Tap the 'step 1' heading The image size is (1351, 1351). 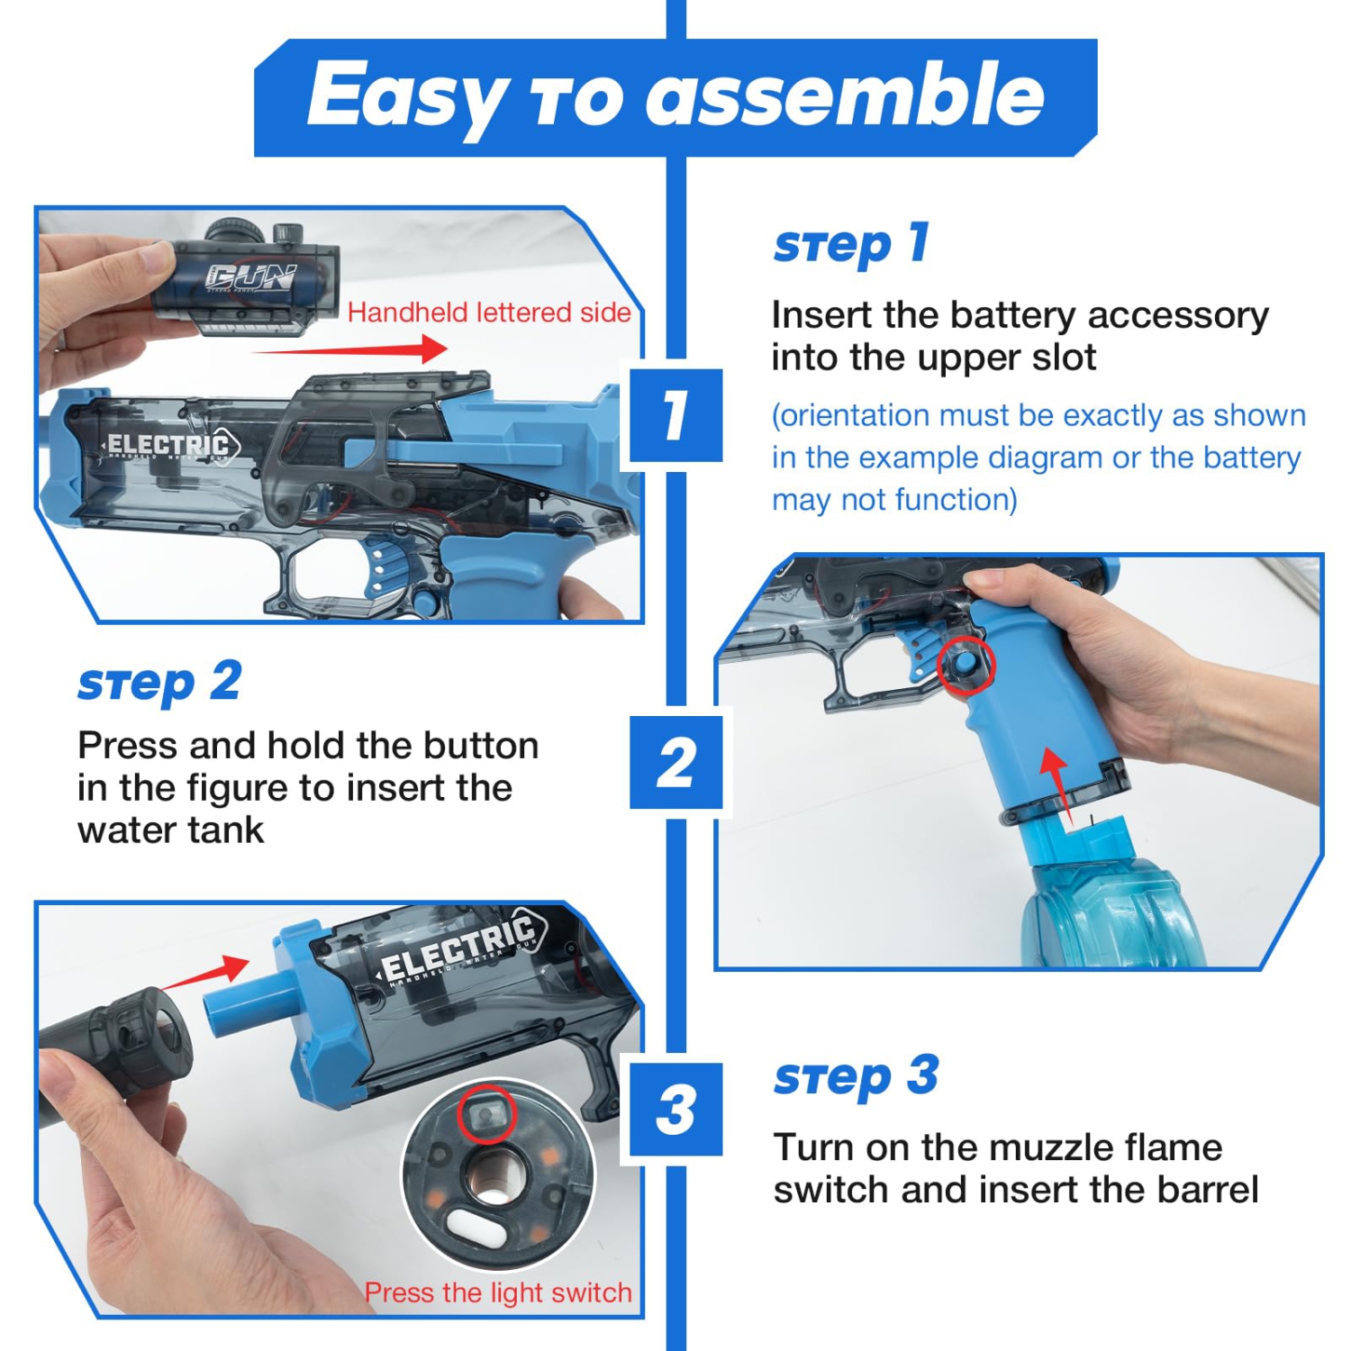click(x=850, y=244)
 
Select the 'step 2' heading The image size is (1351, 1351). click(x=159, y=683)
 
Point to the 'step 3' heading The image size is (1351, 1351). click(x=856, y=1076)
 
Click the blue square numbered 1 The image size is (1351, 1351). click(x=675, y=415)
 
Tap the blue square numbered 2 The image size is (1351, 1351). click(x=675, y=763)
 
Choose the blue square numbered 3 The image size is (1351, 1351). click(x=675, y=1109)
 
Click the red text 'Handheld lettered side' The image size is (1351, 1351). click(x=489, y=313)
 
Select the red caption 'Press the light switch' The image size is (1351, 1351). click(x=498, y=1292)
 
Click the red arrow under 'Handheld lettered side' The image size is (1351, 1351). click(x=351, y=349)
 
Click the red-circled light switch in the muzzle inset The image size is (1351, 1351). click(x=486, y=1115)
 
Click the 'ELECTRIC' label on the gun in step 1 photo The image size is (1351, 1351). click(x=168, y=445)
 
